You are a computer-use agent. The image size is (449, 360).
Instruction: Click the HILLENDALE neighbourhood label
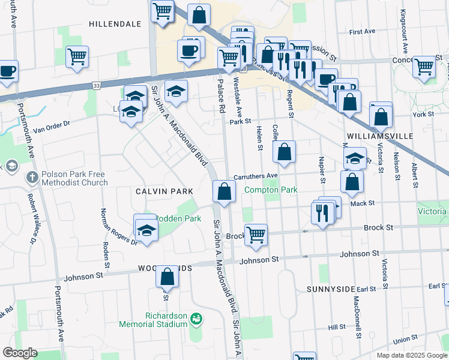[115, 24]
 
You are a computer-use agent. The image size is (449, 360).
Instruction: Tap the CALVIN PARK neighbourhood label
[164, 191]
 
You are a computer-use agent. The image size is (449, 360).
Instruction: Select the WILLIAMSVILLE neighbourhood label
[380, 136]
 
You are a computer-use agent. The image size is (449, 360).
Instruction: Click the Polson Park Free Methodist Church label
[73, 178]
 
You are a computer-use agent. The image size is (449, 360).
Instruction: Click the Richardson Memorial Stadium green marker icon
[196, 318]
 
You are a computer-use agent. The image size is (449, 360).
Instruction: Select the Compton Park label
[271, 190]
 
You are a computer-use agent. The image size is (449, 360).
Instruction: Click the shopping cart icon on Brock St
[256, 234]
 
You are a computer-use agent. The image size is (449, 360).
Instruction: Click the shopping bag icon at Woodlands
[167, 277]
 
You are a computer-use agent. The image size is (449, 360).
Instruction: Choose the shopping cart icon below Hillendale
[77, 58]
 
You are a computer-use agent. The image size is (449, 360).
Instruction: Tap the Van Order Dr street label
[52, 127]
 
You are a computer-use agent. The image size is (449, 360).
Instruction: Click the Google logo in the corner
[20, 353]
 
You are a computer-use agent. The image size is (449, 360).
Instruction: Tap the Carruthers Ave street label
[256, 176]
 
